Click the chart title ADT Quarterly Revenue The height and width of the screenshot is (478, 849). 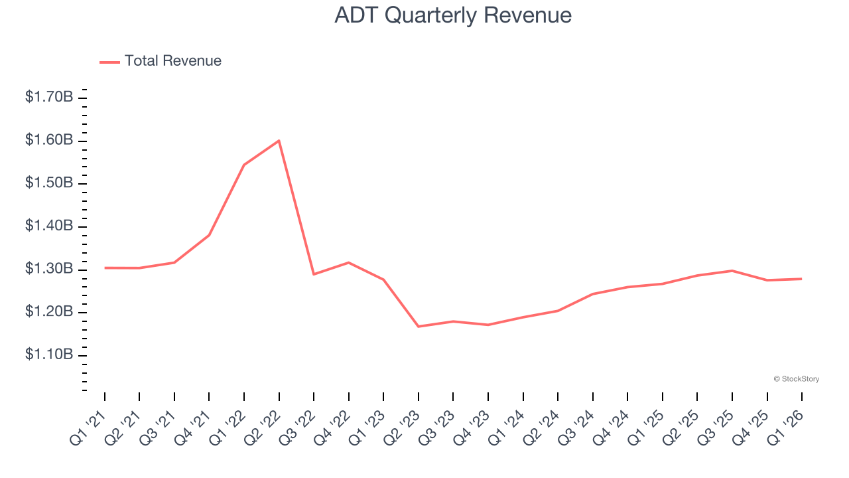pos(453,15)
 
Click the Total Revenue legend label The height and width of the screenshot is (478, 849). pos(172,61)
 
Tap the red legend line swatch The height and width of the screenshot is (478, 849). pos(109,62)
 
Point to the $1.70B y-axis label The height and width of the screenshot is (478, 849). pos(49,98)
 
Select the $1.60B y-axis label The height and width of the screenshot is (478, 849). pos(49,140)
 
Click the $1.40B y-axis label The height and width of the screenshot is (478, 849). pos(49,226)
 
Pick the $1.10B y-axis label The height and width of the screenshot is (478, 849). pos(49,355)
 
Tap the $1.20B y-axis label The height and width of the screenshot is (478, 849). pos(49,312)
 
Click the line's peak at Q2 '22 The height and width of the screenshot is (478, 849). pos(279,141)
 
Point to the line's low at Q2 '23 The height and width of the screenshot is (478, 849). pos(419,327)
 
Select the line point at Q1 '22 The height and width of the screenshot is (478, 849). pos(244,165)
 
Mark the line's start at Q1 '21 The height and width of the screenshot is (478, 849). pos(105,268)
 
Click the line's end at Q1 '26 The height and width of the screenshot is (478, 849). pos(802,279)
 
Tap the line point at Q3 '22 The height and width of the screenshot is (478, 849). pos(314,274)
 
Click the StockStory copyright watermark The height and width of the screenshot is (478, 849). pos(796,379)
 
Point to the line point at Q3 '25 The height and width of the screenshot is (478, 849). pos(732,271)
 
